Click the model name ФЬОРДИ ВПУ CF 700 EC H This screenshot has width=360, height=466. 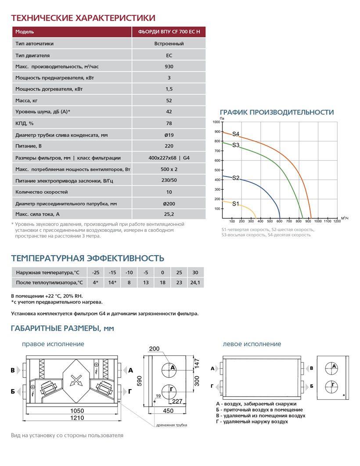tap(169, 32)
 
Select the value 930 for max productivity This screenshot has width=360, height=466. tap(169, 67)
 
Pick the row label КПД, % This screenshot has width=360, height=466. tap(25, 124)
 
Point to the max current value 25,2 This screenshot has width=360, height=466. tap(169, 214)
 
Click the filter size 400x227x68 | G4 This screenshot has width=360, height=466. tap(169, 158)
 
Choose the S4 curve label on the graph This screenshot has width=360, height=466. tap(236, 134)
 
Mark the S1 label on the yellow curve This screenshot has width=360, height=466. tap(236, 204)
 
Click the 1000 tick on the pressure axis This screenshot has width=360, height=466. tap(216, 122)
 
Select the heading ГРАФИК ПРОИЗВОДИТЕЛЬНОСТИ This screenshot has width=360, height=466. tap(277, 112)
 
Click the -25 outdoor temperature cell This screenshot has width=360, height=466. tap(96, 273)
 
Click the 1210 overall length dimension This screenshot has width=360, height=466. tap(77, 418)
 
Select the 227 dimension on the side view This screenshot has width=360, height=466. tap(177, 401)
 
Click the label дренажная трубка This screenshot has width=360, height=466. tap(171, 425)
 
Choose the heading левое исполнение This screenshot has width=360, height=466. tap(252, 344)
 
